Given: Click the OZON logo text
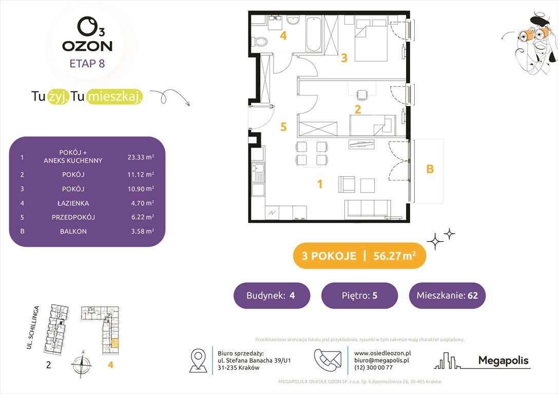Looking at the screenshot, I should click(87, 46).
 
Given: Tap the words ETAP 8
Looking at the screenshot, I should click(87, 64).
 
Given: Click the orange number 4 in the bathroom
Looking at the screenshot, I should click(283, 36).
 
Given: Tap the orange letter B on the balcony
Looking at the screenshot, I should click(430, 169).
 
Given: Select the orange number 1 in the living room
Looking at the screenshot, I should click(319, 184).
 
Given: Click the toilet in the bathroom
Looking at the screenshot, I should click(260, 42).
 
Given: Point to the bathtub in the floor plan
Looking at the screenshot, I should click(314, 34).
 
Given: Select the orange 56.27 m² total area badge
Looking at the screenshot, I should click(359, 256).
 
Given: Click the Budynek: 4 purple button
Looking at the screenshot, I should click(272, 295).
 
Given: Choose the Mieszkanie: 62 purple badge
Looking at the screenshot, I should click(447, 295).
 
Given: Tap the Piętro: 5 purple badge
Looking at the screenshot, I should click(359, 295).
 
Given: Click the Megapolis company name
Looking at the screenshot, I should click(503, 361).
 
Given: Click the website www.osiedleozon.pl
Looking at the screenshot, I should click(382, 353).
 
